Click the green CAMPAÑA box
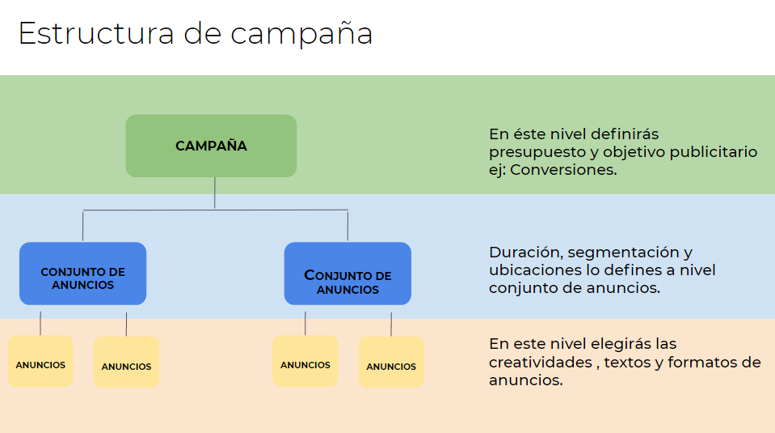coord(211,146)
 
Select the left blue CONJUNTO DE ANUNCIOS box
coord(82,274)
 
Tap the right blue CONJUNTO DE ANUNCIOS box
coord(347,274)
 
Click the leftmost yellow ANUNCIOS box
coord(40,361)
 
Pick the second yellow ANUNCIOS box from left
coord(126,363)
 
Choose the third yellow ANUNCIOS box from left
coord(305,361)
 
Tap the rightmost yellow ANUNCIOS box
coord(391,363)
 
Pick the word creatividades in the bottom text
coord(541,362)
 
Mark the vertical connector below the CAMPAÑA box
coord(215,193)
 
